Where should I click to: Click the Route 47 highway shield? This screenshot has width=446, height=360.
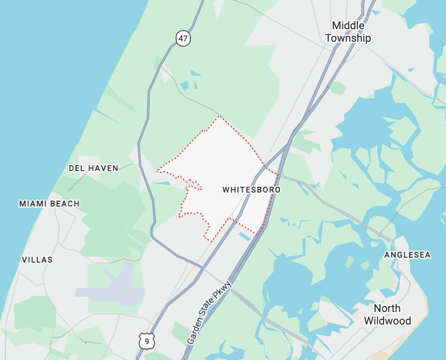click(183, 39)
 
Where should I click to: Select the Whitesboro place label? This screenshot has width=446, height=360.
click(252, 190)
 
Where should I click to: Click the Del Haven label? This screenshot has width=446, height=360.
click(93, 168)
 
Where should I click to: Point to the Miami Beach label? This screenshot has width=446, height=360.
click(49, 204)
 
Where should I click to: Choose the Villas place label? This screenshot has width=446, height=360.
click(37, 260)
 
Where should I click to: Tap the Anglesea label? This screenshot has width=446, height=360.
click(407, 255)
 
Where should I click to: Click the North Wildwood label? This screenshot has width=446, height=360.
click(387, 315)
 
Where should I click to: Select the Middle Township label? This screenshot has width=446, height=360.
click(348, 32)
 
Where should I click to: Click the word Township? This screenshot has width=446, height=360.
click(348, 38)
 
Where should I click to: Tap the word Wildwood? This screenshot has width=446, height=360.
click(387, 321)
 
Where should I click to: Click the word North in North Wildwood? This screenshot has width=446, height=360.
click(387, 309)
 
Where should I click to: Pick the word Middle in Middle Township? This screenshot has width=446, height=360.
click(348, 26)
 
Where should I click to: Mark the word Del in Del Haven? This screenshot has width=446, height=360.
click(75, 168)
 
